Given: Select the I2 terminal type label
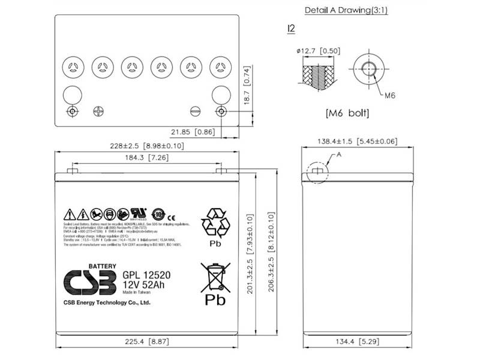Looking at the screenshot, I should click(x=292, y=28).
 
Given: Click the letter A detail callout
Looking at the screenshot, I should click(x=338, y=154).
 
